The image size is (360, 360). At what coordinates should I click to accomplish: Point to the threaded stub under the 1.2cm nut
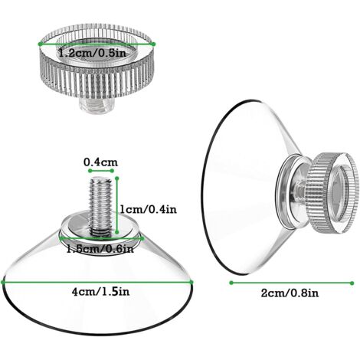[x=95, y=100]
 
